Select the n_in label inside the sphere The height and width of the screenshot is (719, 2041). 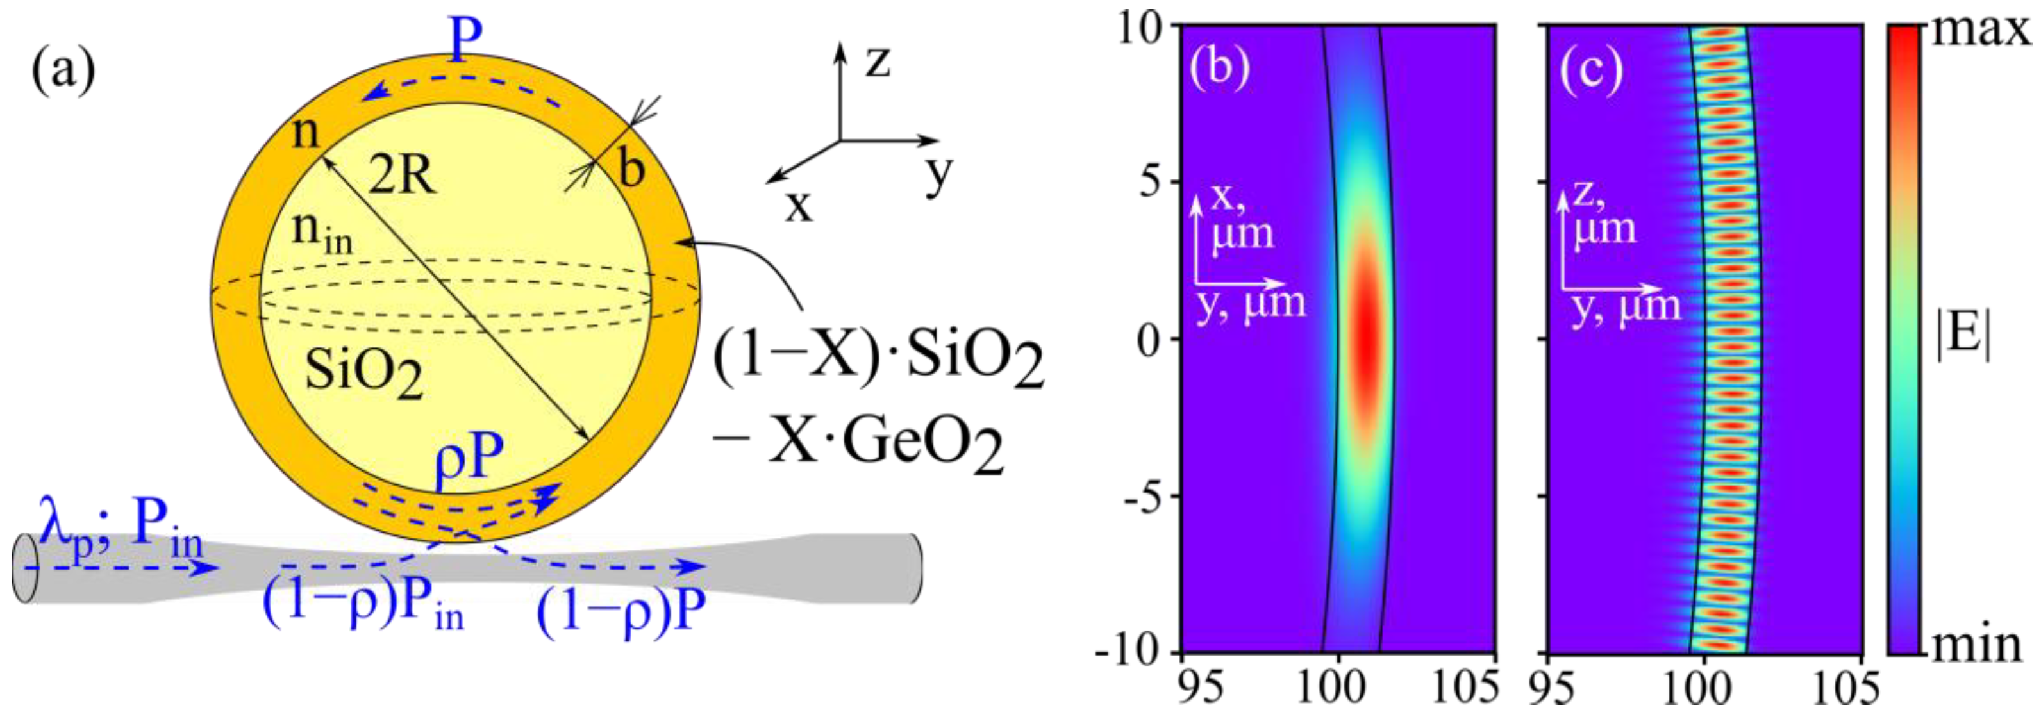(321, 233)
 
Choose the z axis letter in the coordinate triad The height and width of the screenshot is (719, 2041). (877, 61)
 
